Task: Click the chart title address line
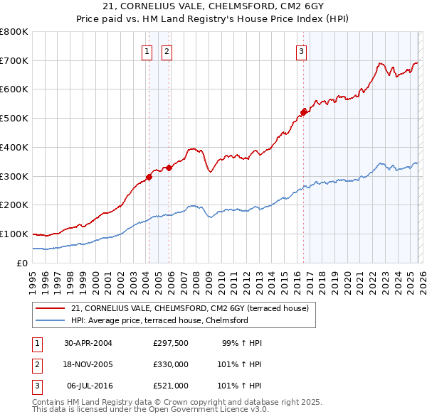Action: coord(213,6)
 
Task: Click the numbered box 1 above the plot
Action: coord(147,51)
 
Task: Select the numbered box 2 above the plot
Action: coord(167,51)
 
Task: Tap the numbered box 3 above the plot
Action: coord(301,51)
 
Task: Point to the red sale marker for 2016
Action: coord(304,111)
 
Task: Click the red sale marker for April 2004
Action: coord(149,177)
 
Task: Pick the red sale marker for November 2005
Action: coord(169,168)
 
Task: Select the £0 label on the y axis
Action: coord(22,263)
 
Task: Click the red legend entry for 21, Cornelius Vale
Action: coord(189,308)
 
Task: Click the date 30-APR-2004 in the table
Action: coord(88,343)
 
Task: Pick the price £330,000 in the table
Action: coord(171,364)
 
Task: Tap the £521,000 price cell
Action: coord(171,386)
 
